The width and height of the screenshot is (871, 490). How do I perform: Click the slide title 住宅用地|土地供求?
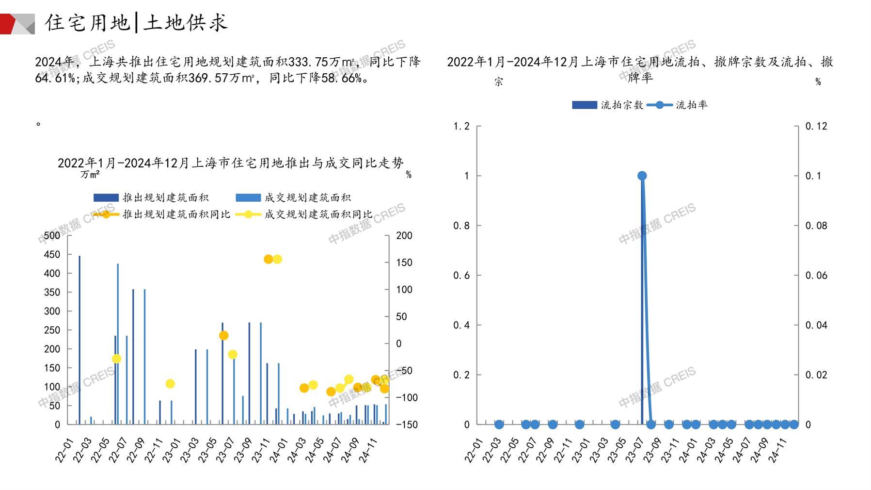(136, 23)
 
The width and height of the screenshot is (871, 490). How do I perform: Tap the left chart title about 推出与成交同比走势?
(230, 163)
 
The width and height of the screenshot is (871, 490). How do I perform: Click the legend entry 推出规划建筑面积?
(152, 197)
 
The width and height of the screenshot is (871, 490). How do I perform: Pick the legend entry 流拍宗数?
(608, 105)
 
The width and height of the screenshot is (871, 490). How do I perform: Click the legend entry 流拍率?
(679, 105)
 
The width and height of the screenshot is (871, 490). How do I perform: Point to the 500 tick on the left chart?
(52, 236)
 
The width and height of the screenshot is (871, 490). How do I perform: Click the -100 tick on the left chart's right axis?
(406, 397)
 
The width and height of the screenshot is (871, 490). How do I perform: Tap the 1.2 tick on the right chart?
(461, 126)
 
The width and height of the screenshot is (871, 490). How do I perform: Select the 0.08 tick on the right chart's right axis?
(816, 226)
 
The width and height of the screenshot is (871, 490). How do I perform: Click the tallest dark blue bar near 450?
(79, 340)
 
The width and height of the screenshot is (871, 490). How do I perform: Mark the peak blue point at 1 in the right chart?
(642, 176)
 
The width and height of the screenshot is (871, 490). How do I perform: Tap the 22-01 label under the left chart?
(64, 450)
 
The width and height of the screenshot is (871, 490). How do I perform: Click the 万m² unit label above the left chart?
(90, 174)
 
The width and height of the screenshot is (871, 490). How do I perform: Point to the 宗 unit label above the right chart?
(499, 82)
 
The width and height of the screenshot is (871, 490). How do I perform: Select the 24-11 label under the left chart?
(369, 450)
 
